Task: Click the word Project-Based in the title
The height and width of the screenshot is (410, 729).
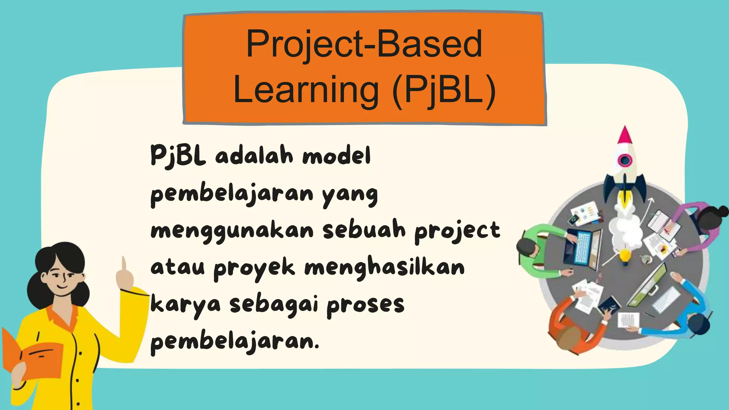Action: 364,44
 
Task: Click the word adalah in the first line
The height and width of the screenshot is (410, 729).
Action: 254,156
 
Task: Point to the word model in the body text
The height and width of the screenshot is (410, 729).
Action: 336,156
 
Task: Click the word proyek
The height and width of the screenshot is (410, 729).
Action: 254,269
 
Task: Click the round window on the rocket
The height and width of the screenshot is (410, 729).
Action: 625,161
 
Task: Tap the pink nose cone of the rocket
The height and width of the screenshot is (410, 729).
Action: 625,136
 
